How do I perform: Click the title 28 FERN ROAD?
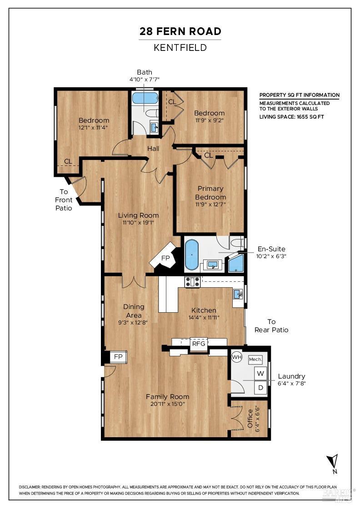click(180, 31)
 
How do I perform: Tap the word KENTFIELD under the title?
click(180, 47)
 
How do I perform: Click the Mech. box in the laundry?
click(255, 359)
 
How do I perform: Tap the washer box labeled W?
click(260, 374)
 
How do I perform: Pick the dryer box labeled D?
click(260, 388)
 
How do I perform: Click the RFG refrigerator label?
click(199, 344)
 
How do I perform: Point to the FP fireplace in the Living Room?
click(166, 258)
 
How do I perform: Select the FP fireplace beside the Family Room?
click(118, 357)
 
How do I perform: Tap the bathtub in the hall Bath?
click(145, 98)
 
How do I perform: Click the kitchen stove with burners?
click(192, 282)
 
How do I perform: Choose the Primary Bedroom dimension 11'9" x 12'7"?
click(210, 204)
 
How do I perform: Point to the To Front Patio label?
click(64, 200)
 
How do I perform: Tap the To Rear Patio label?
click(271, 326)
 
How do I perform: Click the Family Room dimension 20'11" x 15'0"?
click(167, 404)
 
